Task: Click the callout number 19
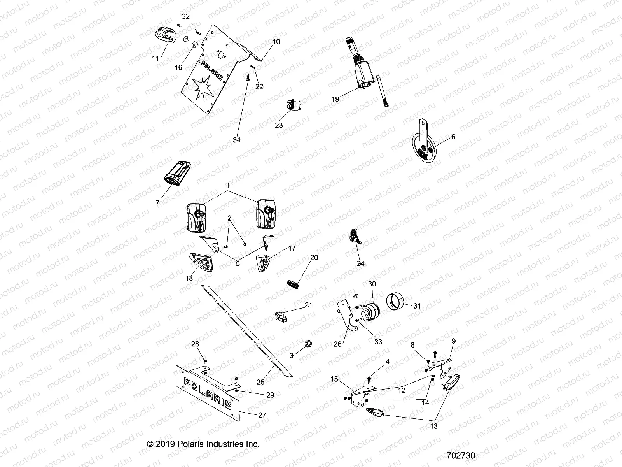click(x=335, y=99)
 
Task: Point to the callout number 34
click(x=236, y=140)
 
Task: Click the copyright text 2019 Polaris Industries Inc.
click(x=203, y=444)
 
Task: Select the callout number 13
click(x=434, y=426)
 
